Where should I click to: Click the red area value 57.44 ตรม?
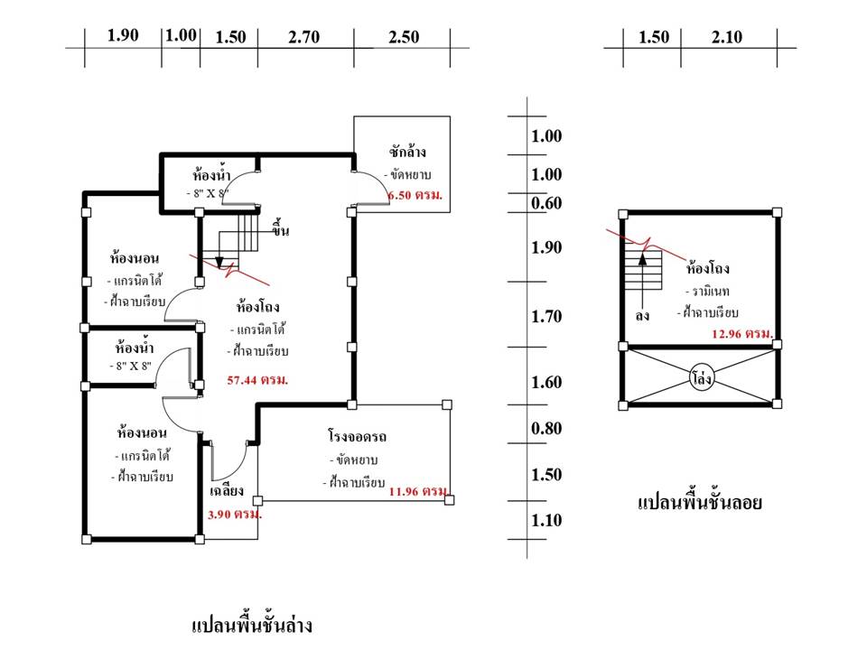[258, 381]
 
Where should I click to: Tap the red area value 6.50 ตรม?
[415, 196]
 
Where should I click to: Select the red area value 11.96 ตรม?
[419, 492]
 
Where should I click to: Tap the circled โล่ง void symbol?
[701, 378]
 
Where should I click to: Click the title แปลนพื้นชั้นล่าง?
[252, 625]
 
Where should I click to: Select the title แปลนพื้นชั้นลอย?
[700, 503]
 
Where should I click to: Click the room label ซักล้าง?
[407, 151]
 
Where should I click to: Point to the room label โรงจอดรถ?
[357, 436]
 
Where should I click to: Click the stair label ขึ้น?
[280, 231]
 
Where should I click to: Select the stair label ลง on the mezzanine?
[642, 316]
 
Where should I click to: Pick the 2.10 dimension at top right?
[726, 37]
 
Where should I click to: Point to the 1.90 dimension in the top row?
[123, 36]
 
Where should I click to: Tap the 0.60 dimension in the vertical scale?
[547, 203]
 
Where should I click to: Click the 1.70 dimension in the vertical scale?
[547, 316]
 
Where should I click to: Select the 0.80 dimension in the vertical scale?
[547, 428]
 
